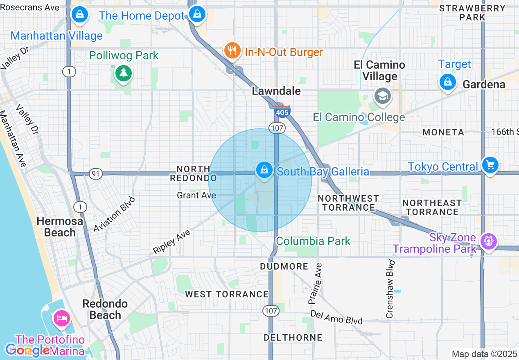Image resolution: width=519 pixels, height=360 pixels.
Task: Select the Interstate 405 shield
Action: point(282,112)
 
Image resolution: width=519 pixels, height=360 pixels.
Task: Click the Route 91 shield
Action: point(95,174)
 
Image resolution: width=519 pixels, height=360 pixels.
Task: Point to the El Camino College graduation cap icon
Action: point(383,97)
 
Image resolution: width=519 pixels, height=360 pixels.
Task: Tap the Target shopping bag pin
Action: point(448,82)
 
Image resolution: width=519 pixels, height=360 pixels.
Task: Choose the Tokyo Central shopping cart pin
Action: point(490,165)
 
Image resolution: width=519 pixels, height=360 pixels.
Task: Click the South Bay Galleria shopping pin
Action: point(264,169)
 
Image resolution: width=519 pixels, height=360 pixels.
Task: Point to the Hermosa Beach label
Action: point(60,227)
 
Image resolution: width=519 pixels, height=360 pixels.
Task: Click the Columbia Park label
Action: point(313,241)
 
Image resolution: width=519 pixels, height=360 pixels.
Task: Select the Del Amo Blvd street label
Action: point(336,317)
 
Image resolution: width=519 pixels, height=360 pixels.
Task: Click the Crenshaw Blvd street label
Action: point(390,289)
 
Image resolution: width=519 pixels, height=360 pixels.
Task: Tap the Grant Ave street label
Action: point(196,196)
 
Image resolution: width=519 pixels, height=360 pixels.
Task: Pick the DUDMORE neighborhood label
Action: point(284,267)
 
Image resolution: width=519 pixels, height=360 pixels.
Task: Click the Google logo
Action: point(27,350)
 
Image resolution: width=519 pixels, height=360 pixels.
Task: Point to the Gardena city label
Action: point(484,84)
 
